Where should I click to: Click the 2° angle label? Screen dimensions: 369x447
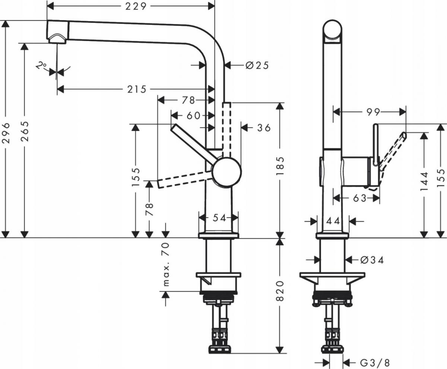41,66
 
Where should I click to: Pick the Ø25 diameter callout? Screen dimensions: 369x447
257,66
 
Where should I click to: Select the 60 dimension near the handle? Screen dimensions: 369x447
194,116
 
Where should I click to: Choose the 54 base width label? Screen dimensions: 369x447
219,218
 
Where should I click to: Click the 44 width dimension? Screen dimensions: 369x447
333,221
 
